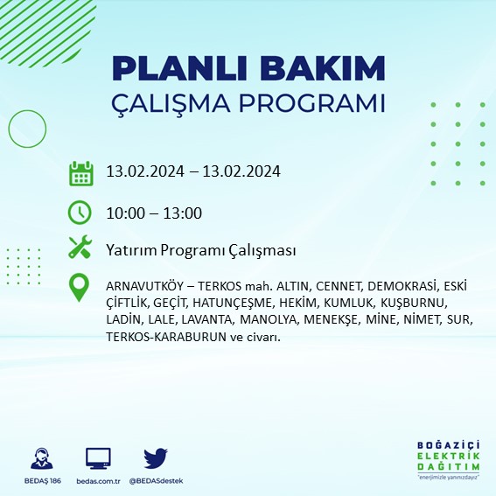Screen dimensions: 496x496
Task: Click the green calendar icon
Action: point(80,172)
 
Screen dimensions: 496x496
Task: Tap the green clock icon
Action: point(80,213)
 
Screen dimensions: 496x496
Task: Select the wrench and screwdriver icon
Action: point(80,249)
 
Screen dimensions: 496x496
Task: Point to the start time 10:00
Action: point(122,213)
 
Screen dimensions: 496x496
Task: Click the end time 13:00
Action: point(185,213)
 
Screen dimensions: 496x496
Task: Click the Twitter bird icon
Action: point(156,458)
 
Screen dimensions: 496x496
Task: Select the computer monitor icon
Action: point(98,458)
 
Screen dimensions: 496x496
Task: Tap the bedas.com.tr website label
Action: point(98,481)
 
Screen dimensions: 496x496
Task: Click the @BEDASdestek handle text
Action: point(156,481)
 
